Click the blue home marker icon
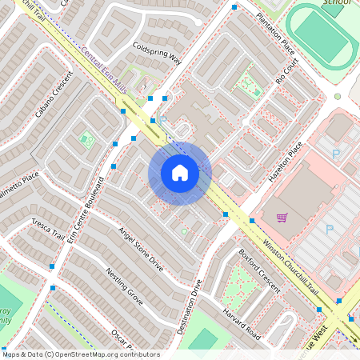coord(180,173)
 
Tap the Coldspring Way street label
coord(158,54)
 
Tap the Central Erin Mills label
coord(104,70)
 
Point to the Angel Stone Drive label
coord(141,250)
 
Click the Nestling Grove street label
coord(124,286)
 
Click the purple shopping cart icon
coord(282,218)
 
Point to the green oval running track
coord(322,37)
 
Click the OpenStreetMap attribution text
coord(80,354)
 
